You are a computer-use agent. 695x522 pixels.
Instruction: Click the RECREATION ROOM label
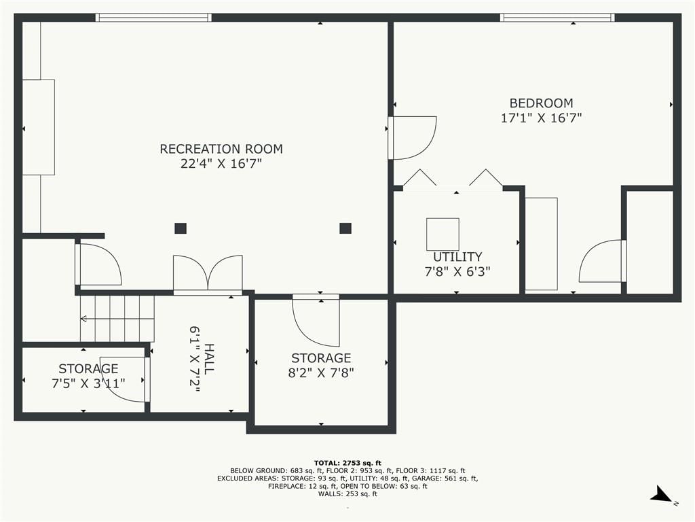point(221,149)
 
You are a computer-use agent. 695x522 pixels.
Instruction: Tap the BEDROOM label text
point(541,103)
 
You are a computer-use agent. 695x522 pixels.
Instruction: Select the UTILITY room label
point(457,256)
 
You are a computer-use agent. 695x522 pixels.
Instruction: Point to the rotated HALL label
point(208,359)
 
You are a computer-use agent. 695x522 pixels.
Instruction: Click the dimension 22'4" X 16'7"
point(221,163)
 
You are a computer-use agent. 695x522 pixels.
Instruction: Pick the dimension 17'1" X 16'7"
point(541,118)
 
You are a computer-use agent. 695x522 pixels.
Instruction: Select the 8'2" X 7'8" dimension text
point(321,372)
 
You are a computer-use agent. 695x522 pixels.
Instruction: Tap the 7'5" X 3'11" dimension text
point(89,383)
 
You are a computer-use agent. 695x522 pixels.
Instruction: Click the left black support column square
point(181,228)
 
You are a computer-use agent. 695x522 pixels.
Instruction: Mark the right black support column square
point(345,228)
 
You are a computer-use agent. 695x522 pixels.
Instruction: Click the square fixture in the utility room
point(443,234)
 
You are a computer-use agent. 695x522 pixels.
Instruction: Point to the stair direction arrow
point(117,319)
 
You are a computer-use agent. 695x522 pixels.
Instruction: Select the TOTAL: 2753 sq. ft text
point(347,463)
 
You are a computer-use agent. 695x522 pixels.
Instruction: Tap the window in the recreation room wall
point(153,17)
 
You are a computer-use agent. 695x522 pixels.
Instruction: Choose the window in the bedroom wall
point(558,17)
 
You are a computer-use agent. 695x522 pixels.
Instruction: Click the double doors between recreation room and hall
point(208,275)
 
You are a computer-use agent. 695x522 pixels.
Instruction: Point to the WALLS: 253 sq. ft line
point(347,493)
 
